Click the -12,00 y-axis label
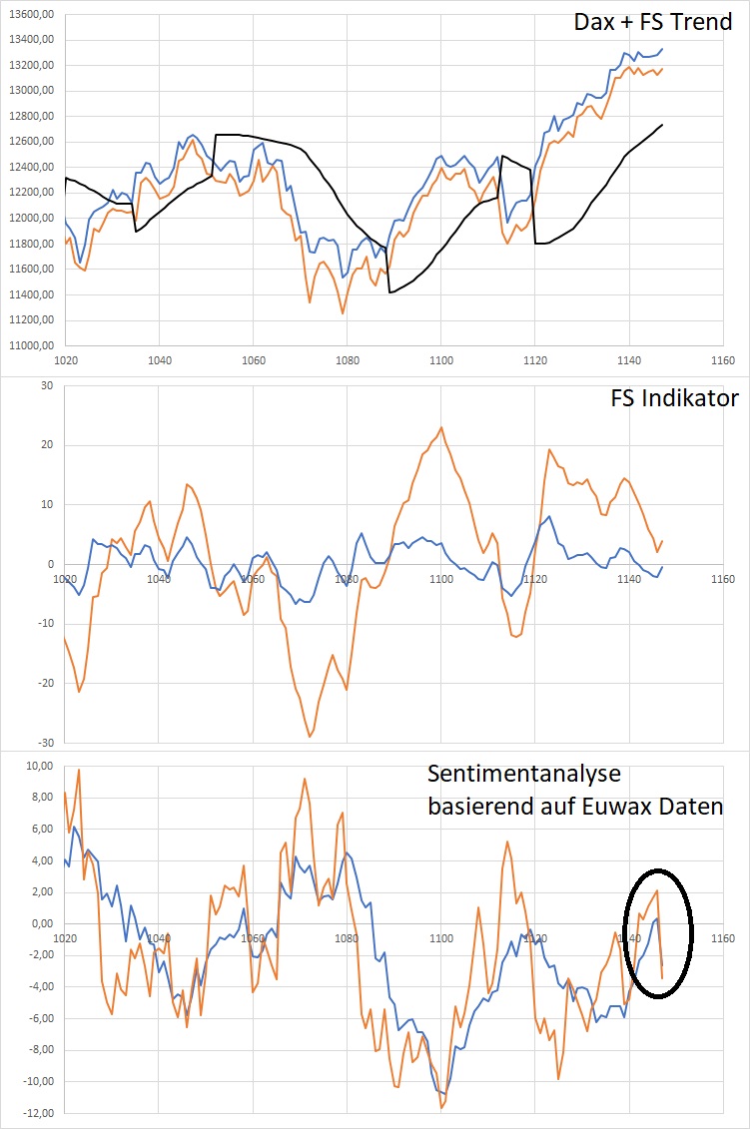[x=36, y=1113]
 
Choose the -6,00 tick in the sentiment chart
[x=38, y=1018]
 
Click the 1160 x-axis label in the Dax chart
[x=721, y=360]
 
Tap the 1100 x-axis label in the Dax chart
[x=440, y=360]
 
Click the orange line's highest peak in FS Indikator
[x=441, y=427]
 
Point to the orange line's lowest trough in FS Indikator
[x=310, y=737]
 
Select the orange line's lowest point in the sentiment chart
[x=441, y=1108]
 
